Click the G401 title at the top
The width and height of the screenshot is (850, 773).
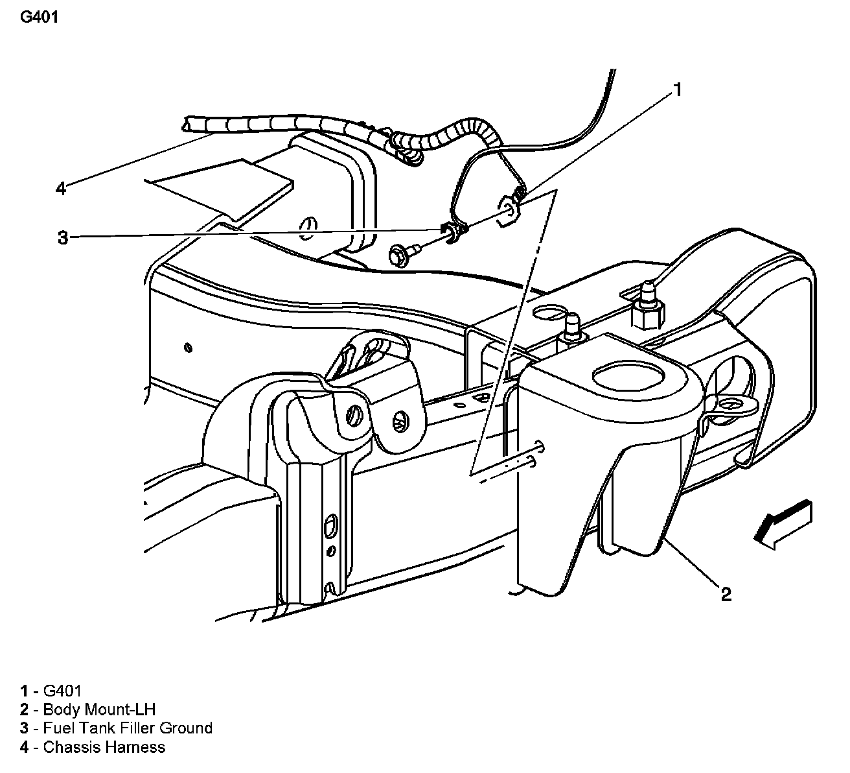[x=40, y=18]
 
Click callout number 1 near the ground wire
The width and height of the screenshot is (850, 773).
[x=677, y=89]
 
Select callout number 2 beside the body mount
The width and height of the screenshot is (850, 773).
[x=726, y=593]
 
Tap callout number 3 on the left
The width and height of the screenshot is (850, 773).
[x=62, y=238]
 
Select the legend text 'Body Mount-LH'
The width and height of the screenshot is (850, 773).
[x=99, y=709]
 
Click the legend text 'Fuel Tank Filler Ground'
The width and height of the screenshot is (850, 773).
[x=127, y=728]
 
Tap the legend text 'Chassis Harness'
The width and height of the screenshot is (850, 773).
[x=104, y=747]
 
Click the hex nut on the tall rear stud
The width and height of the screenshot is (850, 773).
[x=647, y=316]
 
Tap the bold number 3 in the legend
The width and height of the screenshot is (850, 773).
[x=24, y=728]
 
